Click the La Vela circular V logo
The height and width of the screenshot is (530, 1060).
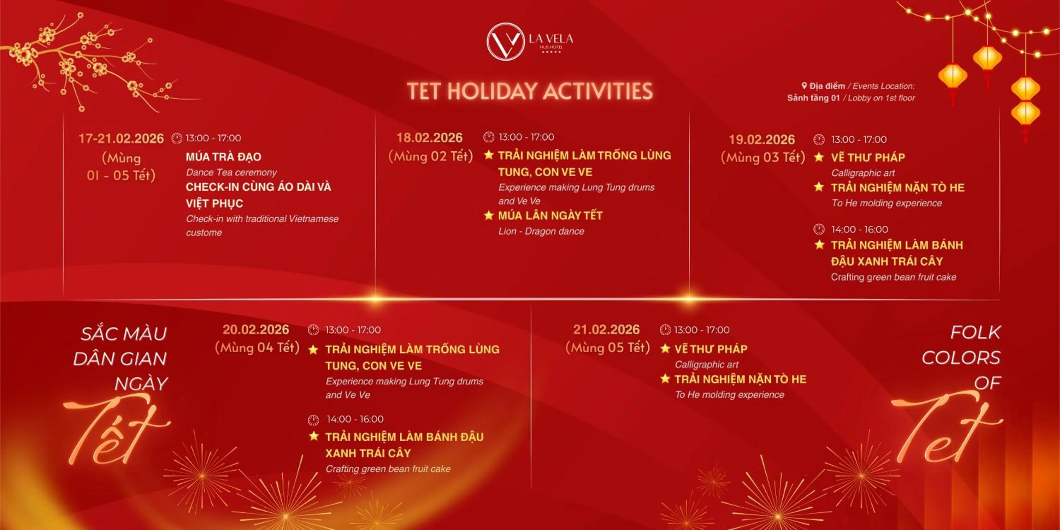pyautogui.click(x=505, y=41)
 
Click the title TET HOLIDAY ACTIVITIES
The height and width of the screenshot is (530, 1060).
pyautogui.click(x=530, y=91)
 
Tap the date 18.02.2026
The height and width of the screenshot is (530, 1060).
pyautogui.click(x=429, y=137)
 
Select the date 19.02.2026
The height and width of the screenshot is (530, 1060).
pyautogui.click(x=762, y=140)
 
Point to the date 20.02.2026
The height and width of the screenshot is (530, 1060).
pyautogui.click(x=256, y=330)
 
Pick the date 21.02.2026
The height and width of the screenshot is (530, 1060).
pyautogui.click(x=607, y=330)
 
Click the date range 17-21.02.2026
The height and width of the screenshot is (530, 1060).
pyautogui.click(x=121, y=139)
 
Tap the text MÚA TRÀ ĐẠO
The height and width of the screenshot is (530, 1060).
pyautogui.click(x=223, y=157)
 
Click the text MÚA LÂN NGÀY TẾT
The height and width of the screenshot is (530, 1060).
pyautogui.click(x=550, y=216)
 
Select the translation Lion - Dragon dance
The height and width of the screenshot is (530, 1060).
pyautogui.click(x=541, y=231)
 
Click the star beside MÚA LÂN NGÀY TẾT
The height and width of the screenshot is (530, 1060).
pyautogui.click(x=488, y=215)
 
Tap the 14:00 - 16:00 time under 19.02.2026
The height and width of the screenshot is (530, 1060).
pyautogui.click(x=859, y=229)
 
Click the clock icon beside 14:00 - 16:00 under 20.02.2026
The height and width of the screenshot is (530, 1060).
pyautogui.click(x=313, y=420)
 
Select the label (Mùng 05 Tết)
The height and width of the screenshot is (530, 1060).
pyautogui.click(x=607, y=348)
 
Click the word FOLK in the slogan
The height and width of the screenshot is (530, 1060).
pyautogui.click(x=975, y=332)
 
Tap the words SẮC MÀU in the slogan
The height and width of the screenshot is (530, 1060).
pyautogui.click(x=123, y=333)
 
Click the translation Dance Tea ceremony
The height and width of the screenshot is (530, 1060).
pyautogui.click(x=231, y=172)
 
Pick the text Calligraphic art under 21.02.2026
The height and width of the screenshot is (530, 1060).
pyautogui.click(x=707, y=365)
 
